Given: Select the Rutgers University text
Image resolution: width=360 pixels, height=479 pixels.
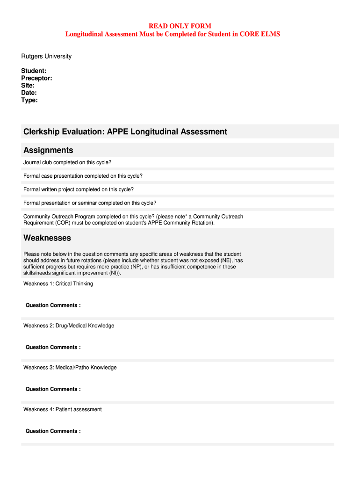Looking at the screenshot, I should [x=46, y=56].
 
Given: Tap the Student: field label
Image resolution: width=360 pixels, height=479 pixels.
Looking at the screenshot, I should [x=34, y=71].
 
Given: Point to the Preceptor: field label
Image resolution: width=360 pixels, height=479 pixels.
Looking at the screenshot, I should [x=36, y=78].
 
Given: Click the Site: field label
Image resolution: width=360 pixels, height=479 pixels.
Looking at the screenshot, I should [x=28, y=86].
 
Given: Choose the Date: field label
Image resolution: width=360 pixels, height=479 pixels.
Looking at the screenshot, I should [x=29, y=93].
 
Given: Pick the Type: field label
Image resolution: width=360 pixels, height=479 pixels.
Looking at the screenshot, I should [x=29, y=100].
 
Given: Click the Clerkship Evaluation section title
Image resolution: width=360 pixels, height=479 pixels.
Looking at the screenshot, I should [x=125, y=132].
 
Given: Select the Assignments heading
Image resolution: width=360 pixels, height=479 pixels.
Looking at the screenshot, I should [x=48, y=150].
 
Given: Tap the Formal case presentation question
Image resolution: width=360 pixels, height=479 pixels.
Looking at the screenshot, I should [x=83, y=176].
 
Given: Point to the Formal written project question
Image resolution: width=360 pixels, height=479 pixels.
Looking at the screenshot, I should [x=79, y=189].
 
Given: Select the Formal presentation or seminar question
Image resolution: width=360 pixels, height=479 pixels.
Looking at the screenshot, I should [x=90, y=203].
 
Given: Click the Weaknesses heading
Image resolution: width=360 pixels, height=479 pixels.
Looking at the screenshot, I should [x=47, y=238].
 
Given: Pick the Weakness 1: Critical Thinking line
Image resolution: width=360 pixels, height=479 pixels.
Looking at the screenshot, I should [x=58, y=283].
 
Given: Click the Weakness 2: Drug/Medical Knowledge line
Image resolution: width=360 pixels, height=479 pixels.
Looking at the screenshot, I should [x=69, y=326].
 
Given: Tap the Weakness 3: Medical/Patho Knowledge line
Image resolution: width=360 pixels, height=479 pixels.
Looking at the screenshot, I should [x=70, y=367].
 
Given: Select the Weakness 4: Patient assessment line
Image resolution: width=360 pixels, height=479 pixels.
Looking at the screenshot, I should [x=62, y=409].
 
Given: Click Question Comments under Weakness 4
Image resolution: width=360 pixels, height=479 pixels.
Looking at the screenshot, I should [x=53, y=431].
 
